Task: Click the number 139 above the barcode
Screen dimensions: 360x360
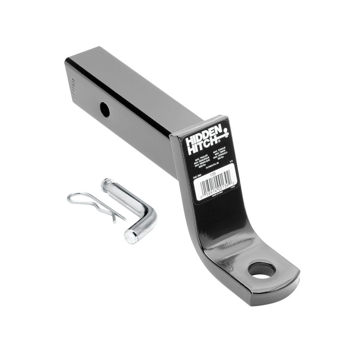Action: (x=213, y=172)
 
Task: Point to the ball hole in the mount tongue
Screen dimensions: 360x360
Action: (x=261, y=270)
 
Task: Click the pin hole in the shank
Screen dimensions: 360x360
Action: (x=105, y=109)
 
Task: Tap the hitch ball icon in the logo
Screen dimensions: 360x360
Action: (x=225, y=134)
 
